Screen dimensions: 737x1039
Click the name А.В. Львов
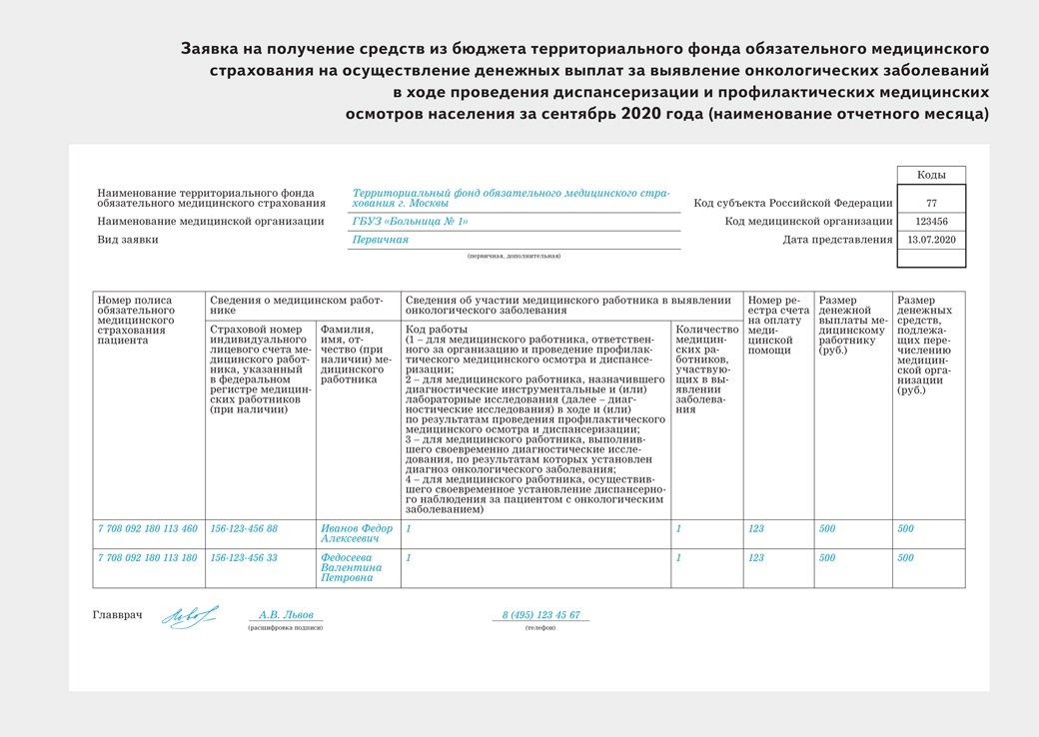point(286,615)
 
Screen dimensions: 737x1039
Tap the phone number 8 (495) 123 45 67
point(540,615)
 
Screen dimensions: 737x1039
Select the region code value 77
point(931,203)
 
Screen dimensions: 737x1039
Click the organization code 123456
point(931,222)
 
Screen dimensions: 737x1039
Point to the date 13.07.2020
point(931,240)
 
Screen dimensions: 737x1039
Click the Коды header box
point(931,175)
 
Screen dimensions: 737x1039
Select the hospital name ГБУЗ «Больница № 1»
point(411,222)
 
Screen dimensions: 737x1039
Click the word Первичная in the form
point(381,240)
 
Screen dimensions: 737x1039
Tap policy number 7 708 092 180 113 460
point(147,528)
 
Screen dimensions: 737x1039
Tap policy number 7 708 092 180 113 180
point(147,557)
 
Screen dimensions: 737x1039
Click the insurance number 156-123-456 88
point(244,528)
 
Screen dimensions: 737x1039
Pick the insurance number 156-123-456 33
point(244,557)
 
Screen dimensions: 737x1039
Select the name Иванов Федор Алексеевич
point(357,533)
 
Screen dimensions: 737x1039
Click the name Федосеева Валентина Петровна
point(352,567)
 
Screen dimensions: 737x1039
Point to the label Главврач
point(117,615)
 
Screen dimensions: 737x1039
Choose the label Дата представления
point(837,240)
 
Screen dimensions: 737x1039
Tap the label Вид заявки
point(128,240)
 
